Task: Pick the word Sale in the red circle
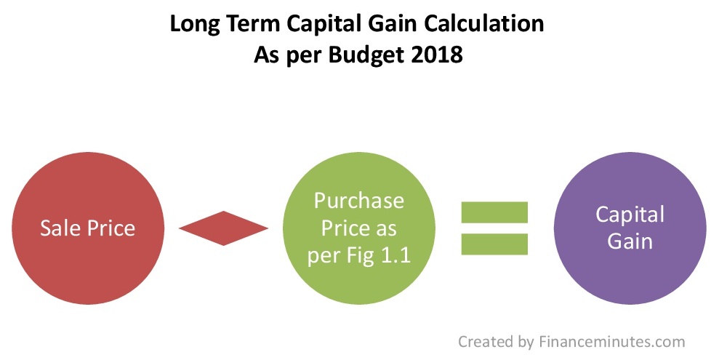click(60, 228)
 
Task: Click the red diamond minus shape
click(223, 228)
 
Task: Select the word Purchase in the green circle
click(359, 201)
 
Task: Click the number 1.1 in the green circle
click(395, 255)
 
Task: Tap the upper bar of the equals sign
click(494, 212)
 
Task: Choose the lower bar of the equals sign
click(494, 244)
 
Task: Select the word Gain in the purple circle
click(630, 241)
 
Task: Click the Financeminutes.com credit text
click(611, 342)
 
